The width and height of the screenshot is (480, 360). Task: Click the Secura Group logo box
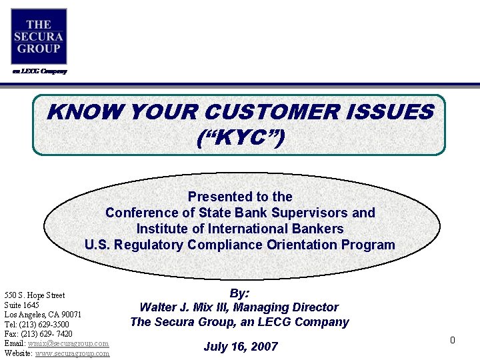39,36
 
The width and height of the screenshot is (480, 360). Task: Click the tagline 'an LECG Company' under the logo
39,71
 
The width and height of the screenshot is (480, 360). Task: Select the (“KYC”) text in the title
240,138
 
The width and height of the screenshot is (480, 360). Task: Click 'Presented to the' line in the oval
240,197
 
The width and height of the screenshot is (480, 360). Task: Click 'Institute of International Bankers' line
240,229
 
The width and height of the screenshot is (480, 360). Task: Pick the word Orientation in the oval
303,245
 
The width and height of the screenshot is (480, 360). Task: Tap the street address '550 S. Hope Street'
35,295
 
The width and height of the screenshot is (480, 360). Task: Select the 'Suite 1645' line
22,305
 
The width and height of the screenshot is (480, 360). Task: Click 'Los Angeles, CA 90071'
43,315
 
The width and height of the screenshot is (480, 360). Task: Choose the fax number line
39,333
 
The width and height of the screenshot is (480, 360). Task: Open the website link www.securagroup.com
72,353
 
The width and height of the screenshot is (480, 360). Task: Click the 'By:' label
239,293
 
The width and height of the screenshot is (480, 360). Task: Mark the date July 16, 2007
240,347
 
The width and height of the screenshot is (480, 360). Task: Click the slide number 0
452,341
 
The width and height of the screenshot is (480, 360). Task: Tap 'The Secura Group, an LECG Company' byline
239,322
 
